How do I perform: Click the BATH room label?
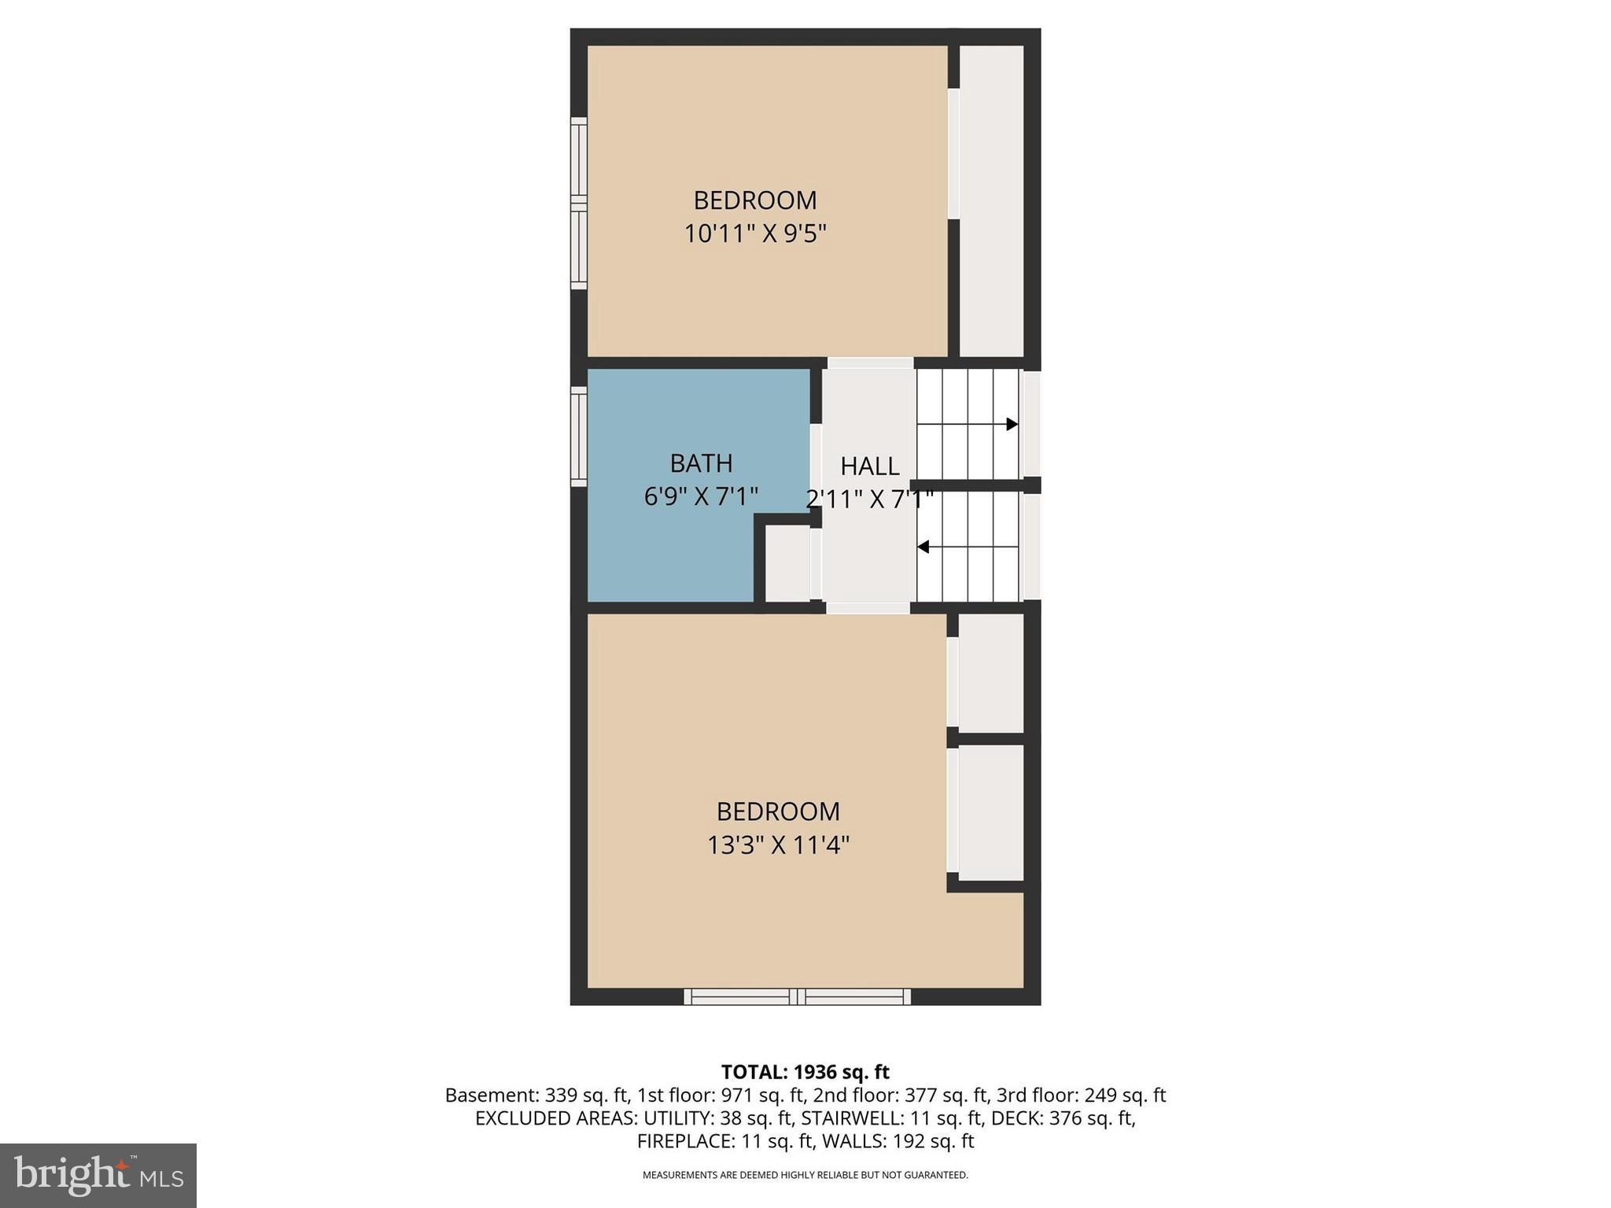click(x=701, y=463)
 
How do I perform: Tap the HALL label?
click(x=869, y=466)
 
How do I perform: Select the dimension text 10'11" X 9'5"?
click(x=755, y=234)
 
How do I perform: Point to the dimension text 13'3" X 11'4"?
click(x=778, y=845)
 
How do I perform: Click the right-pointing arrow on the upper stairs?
click(x=1012, y=424)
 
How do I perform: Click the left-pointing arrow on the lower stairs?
click(x=923, y=547)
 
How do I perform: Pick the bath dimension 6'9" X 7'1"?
click(x=701, y=497)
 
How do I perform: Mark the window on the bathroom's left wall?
click(x=579, y=436)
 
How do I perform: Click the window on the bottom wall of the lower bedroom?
click(x=797, y=996)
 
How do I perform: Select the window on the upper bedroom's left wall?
click(x=579, y=203)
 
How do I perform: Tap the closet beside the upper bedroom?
click(x=991, y=201)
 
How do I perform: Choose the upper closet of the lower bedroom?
click(x=990, y=673)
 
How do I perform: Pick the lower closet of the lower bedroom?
click(x=990, y=812)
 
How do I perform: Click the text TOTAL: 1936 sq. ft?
click(x=805, y=1072)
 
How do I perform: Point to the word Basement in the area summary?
click(x=480, y=1096)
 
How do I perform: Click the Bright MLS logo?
click(x=98, y=1175)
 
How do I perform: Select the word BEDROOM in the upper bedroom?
click(x=755, y=201)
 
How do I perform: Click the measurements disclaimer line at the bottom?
click(x=805, y=1175)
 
